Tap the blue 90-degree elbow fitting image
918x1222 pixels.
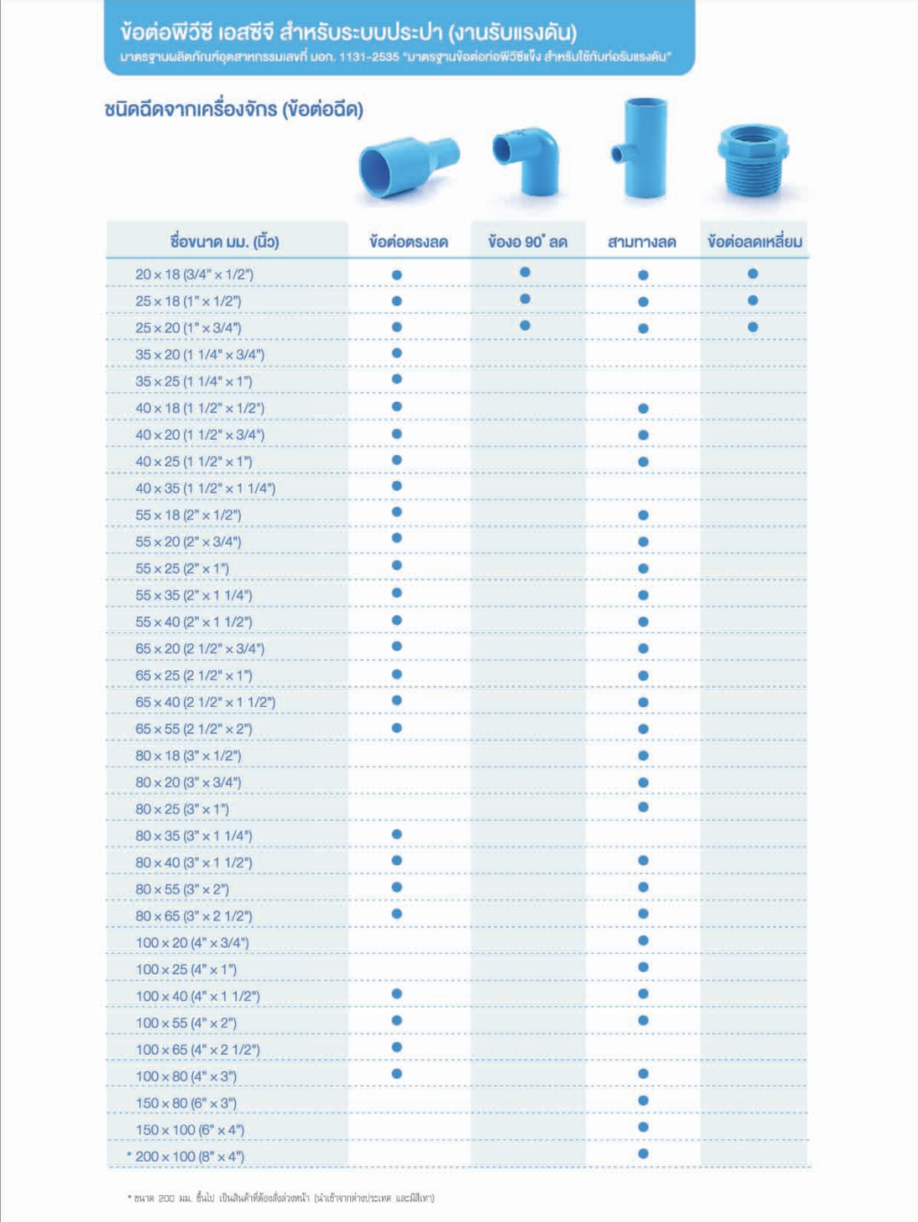(x=528, y=159)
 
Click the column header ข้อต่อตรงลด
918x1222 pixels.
(x=408, y=241)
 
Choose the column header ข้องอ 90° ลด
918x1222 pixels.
(x=528, y=241)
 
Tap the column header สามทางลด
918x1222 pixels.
(x=642, y=241)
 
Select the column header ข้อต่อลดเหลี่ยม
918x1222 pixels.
(x=754, y=241)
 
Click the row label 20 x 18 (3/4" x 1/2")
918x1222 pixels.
(x=194, y=275)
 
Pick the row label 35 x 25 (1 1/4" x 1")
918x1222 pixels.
(x=194, y=381)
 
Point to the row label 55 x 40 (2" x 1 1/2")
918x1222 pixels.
(x=194, y=622)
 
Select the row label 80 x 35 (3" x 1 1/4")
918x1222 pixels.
(x=194, y=835)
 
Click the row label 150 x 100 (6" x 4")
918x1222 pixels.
(x=189, y=1130)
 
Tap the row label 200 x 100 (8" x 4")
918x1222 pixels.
(x=189, y=1157)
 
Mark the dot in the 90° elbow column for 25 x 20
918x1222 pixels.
(x=525, y=326)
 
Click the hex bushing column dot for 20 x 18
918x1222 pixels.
(x=753, y=274)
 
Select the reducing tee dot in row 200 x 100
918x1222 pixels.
(x=643, y=1154)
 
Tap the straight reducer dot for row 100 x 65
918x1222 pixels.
(x=397, y=1047)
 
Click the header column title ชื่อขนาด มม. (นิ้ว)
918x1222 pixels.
(x=224, y=241)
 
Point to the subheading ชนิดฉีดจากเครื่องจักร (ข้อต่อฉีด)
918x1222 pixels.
(x=233, y=110)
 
